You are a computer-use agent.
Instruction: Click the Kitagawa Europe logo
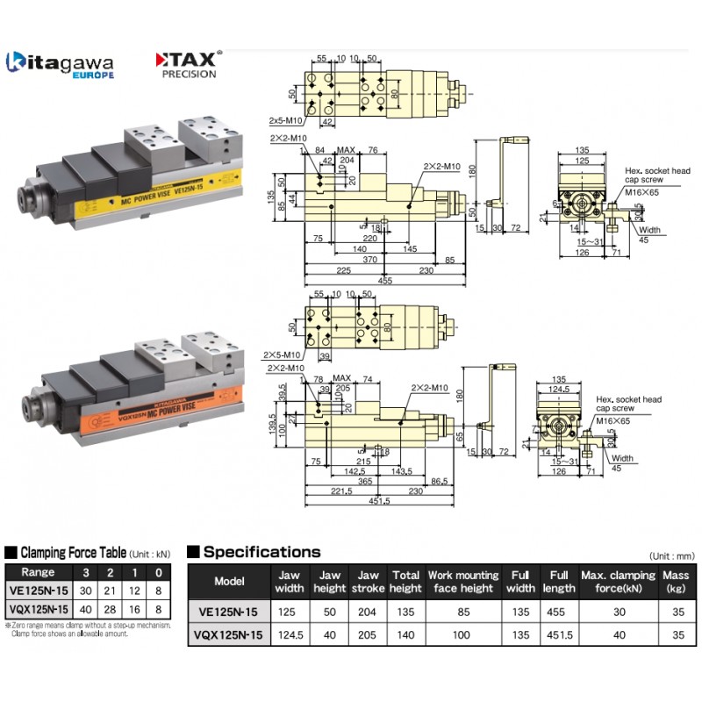[60, 65]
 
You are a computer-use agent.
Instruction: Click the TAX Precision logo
[189, 64]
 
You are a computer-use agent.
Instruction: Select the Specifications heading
[261, 552]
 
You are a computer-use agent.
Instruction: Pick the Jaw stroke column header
[368, 581]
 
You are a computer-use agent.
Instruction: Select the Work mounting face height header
[463, 581]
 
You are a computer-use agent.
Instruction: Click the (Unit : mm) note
[672, 556]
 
